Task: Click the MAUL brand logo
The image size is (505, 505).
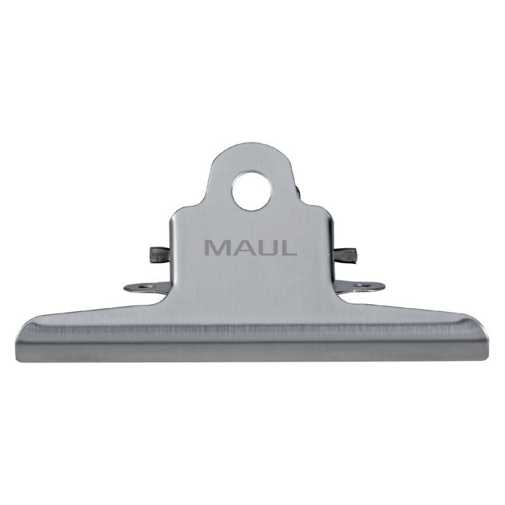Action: click(251, 247)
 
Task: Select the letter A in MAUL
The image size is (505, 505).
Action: click(242, 247)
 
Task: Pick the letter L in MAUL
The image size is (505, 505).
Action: click(288, 247)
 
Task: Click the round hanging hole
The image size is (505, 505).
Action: click(251, 191)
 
